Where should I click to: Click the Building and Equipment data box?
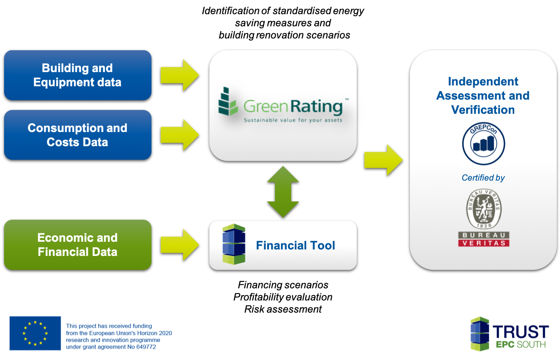pos(77,75)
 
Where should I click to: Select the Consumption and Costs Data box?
pos(77,135)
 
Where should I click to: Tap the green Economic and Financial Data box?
pos(77,245)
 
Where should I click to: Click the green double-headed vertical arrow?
pos(283,192)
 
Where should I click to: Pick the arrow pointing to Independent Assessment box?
pos(383,160)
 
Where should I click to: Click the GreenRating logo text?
pos(293,107)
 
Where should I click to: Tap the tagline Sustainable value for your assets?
pos(293,120)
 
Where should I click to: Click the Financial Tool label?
pos(296,245)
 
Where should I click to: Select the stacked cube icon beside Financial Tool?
pos(234,244)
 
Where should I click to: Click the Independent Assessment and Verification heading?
pos(483,96)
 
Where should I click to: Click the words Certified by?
pos(483,178)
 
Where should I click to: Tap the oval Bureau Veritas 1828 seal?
pos(484,209)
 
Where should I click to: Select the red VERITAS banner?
pos(484,243)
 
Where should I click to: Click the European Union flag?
pos(35,333)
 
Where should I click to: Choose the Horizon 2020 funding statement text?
pos(119,337)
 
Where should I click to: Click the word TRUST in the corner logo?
pos(521,332)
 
